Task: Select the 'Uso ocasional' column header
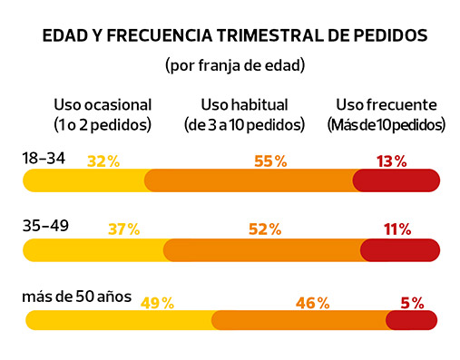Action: (x=103, y=104)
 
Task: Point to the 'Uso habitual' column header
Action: (x=237, y=104)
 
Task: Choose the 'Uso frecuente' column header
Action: (x=387, y=104)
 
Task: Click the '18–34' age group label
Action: (x=44, y=159)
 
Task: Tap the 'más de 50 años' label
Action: (x=77, y=297)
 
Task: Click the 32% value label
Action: (x=103, y=161)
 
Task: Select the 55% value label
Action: (x=270, y=161)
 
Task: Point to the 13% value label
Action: (x=391, y=161)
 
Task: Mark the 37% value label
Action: (x=123, y=229)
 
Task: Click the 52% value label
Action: (x=264, y=229)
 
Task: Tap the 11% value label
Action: (x=396, y=229)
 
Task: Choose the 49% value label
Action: (x=157, y=303)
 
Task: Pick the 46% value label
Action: (x=311, y=303)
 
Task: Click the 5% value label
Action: (x=411, y=303)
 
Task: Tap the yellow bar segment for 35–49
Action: (x=95, y=249)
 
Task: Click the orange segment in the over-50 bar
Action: (x=299, y=319)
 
